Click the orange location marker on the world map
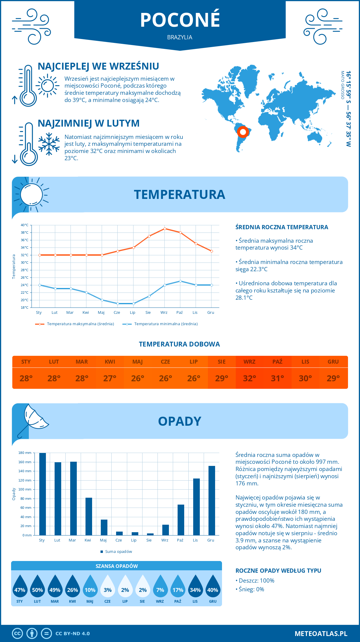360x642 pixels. point(243,132)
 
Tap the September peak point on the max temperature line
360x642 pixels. point(165,229)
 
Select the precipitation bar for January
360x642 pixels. point(43,494)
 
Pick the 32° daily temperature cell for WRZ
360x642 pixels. point(249,378)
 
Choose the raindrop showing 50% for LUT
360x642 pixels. point(37,586)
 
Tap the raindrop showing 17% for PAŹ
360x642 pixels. point(178,586)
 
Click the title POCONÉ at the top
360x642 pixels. point(180,20)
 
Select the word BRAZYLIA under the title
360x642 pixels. point(180,37)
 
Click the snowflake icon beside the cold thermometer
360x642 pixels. point(49,144)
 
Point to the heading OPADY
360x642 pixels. point(179,421)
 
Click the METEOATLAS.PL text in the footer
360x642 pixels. point(321,634)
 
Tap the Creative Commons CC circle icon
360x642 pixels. point(17,634)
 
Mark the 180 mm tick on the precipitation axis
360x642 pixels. point(25,453)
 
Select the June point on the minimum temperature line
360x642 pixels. point(118,304)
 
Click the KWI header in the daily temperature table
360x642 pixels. point(110,362)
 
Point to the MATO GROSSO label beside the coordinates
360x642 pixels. point(342,85)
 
